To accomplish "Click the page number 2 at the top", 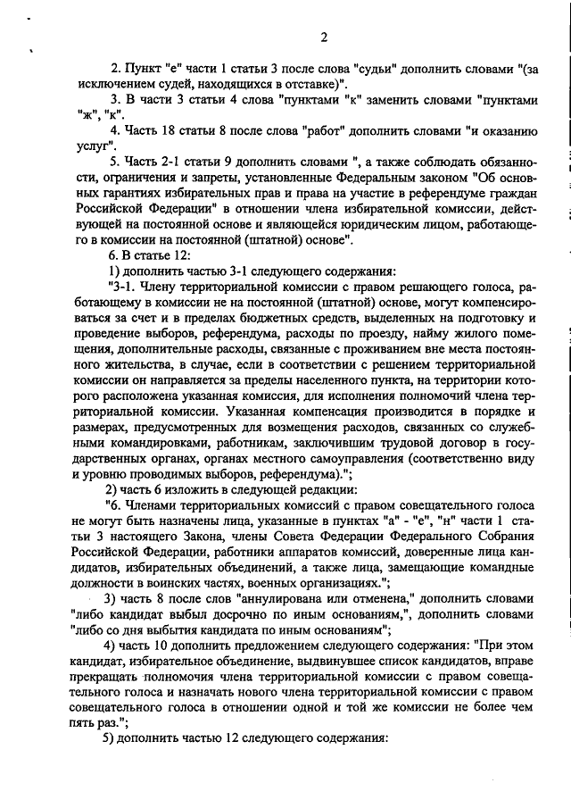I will (324, 37).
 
